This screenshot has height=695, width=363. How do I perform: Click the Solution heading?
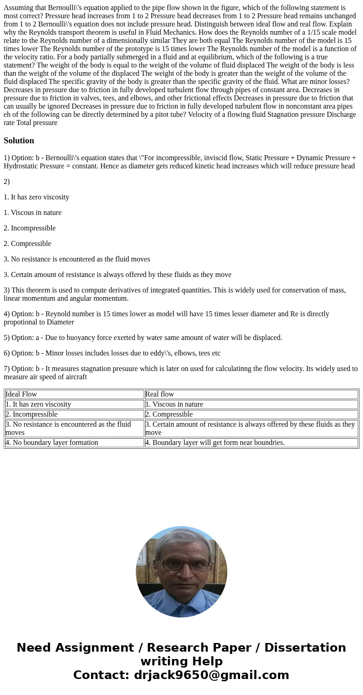click(19, 141)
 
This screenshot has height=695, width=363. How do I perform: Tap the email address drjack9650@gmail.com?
click(211, 675)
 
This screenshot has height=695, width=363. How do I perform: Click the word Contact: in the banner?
click(101, 675)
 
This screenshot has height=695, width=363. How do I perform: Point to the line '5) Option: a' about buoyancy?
click(143, 338)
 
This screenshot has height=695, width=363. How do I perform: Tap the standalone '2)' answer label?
click(7, 182)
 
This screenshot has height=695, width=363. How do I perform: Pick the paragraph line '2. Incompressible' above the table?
click(30, 228)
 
